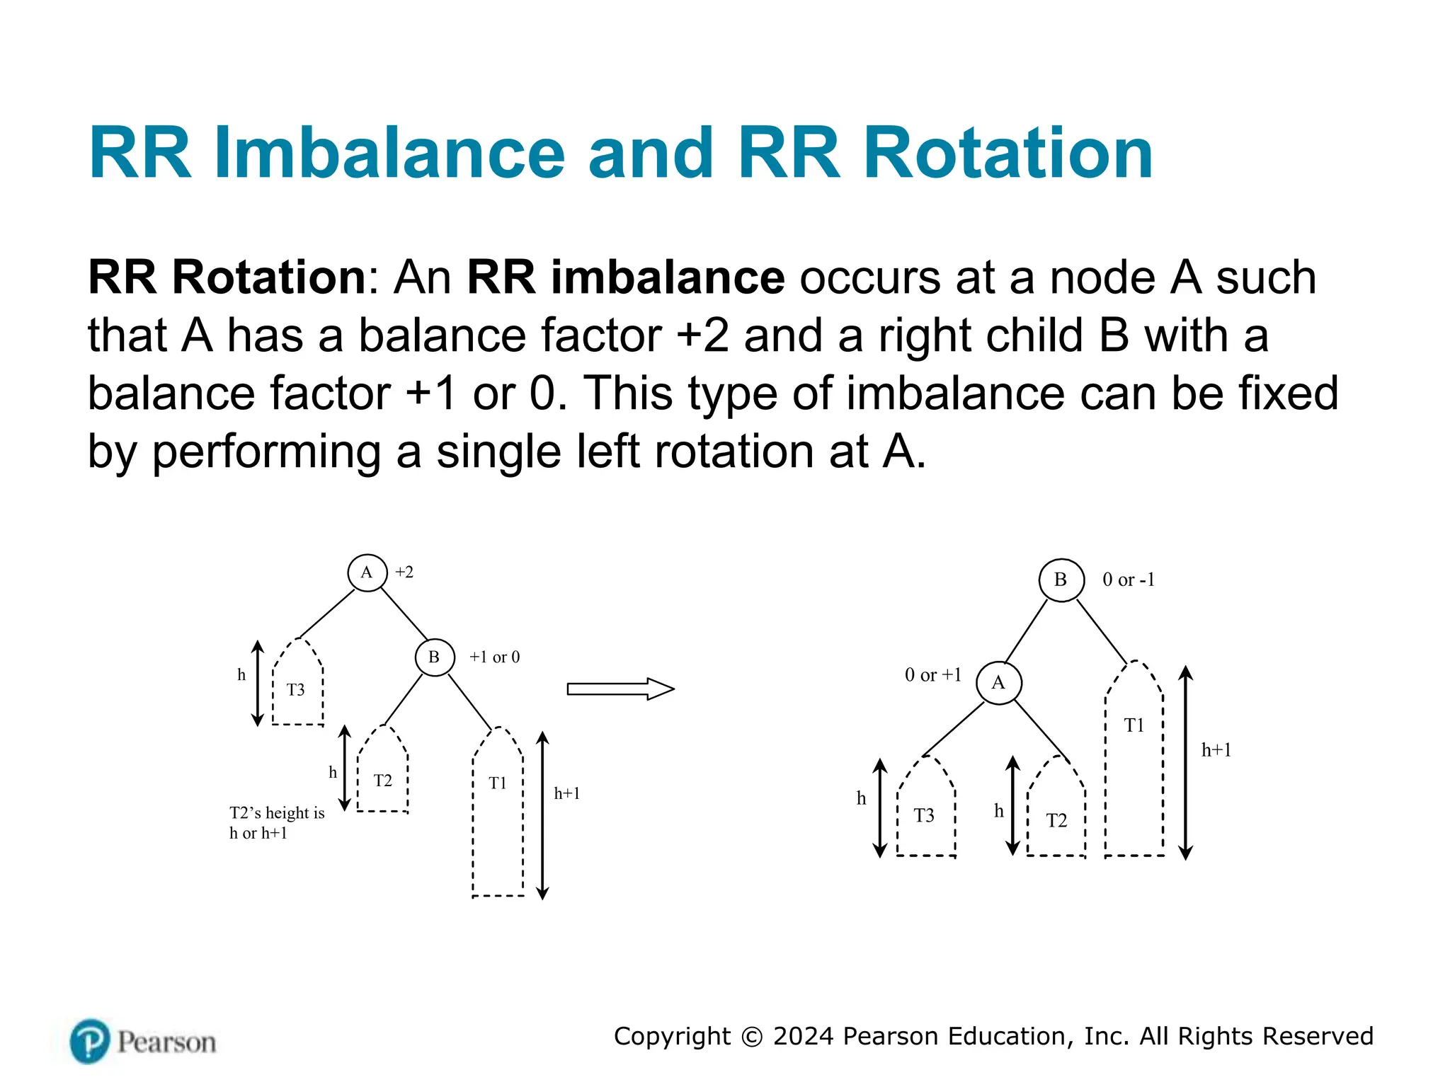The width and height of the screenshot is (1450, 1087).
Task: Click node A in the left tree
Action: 367,573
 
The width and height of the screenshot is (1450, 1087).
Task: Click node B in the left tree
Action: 434,657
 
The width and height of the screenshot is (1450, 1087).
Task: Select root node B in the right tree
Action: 1061,580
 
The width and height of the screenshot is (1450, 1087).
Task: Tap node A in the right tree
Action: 998,683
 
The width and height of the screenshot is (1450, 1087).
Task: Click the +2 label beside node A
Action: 404,573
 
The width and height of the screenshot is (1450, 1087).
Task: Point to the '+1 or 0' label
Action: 494,657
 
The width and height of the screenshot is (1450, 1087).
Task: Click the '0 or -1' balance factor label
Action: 1129,580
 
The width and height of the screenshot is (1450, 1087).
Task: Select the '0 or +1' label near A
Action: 933,675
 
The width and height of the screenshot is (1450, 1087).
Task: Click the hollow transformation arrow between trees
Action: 620,689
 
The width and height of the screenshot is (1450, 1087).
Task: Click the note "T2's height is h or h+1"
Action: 276,822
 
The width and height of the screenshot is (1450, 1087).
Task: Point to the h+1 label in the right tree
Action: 1216,750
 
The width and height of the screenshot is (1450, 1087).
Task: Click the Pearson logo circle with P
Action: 90,1041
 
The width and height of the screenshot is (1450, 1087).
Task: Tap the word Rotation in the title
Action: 1008,154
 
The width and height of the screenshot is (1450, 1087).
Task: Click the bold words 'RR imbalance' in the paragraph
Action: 625,277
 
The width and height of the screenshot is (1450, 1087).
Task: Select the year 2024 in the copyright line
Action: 803,1036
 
